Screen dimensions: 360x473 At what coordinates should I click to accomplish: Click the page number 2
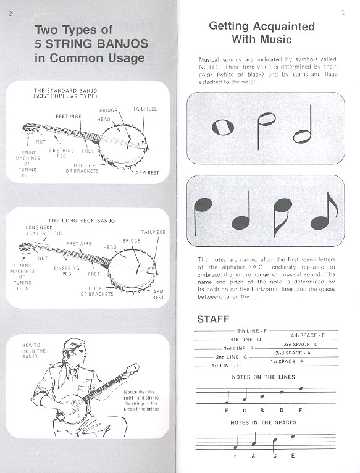click(10, 14)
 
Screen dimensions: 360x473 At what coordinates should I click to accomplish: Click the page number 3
click(343, 12)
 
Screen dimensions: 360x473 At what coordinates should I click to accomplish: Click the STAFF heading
click(213, 319)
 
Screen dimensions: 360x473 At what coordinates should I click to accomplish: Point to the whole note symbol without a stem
click(223, 127)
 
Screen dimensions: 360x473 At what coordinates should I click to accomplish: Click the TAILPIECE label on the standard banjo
click(145, 109)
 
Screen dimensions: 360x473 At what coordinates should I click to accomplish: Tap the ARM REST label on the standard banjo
click(147, 173)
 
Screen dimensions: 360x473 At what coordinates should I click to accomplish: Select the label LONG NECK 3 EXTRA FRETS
click(43, 230)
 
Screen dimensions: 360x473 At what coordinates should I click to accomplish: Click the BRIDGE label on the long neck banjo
click(132, 241)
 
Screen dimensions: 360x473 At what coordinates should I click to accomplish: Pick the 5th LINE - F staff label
click(252, 331)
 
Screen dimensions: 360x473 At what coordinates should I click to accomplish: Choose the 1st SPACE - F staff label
click(287, 361)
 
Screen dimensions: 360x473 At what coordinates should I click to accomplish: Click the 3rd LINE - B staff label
click(238, 348)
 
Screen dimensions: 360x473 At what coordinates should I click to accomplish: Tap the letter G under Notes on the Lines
click(245, 410)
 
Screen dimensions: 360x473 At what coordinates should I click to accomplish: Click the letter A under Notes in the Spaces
click(253, 456)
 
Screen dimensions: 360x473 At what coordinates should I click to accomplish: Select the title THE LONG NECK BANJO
click(82, 221)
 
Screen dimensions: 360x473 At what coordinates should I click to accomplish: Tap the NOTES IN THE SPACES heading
click(264, 422)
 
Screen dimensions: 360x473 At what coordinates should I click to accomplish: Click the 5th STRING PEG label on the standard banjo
click(61, 153)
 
